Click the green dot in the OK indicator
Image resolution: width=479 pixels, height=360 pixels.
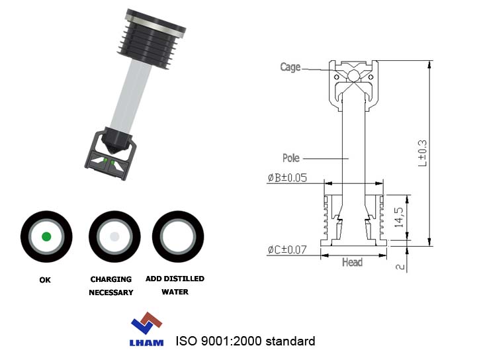pyautogui.click(x=46, y=236)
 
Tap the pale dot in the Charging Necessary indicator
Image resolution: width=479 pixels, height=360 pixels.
pyautogui.click(x=114, y=236)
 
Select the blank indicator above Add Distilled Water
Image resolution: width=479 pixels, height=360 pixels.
pyautogui.click(x=178, y=236)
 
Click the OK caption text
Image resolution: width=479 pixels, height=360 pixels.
pyautogui.click(x=45, y=280)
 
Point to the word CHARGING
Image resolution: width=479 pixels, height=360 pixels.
pyautogui.click(x=111, y=279)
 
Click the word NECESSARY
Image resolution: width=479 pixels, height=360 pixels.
pyautogui.click(x=111, y=292)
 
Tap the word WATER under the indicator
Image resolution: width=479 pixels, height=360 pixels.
pyautogui.click(x=175, y=292)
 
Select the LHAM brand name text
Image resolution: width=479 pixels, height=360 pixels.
pyautogui.click(x=147, y=343)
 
